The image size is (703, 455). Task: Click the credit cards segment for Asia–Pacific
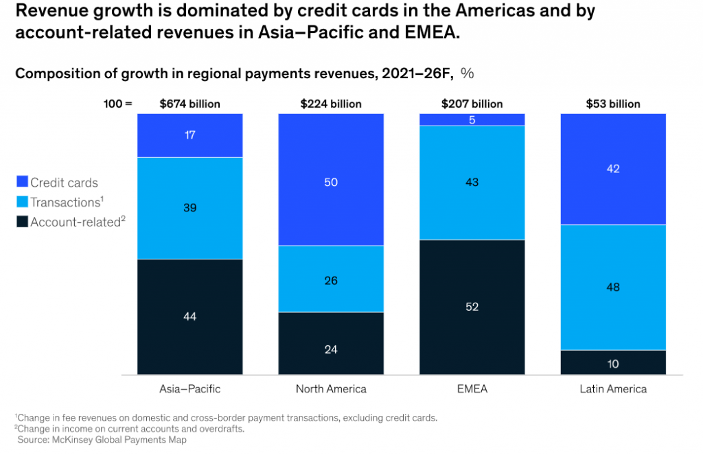190,135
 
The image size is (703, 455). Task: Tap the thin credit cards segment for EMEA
472,119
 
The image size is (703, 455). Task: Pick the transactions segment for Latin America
613,287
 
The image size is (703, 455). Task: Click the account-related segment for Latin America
613,362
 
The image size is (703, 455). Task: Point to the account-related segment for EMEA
472,307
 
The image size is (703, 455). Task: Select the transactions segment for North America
331,279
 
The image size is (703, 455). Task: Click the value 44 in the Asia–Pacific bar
190,316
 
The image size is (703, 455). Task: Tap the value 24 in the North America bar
331,349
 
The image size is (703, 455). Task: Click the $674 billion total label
190,104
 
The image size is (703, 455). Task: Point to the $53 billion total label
613,104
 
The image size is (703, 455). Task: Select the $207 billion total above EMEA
472,104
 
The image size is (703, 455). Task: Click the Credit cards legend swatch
22,183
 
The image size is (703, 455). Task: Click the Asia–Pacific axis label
190,389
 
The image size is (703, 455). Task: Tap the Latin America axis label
613,389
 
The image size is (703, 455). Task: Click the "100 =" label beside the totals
118,104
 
